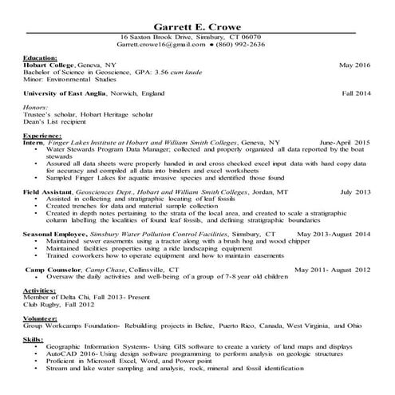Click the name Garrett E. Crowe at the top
tap(197, 24)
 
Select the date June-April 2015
tap(345, 142)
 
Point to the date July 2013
tap(356, 192)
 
